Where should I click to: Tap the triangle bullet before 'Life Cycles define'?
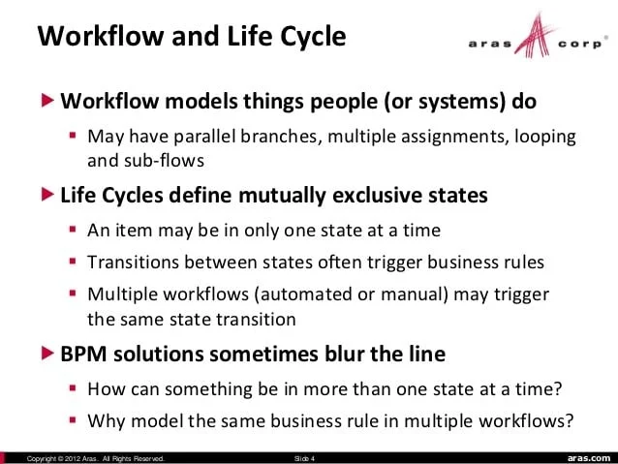click(x=48, y=195)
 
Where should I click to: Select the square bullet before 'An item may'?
click(x=74, y=231)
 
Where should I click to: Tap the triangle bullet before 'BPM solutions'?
click(x=48, y=354)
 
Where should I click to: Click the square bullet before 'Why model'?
click(x=74, y=421)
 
